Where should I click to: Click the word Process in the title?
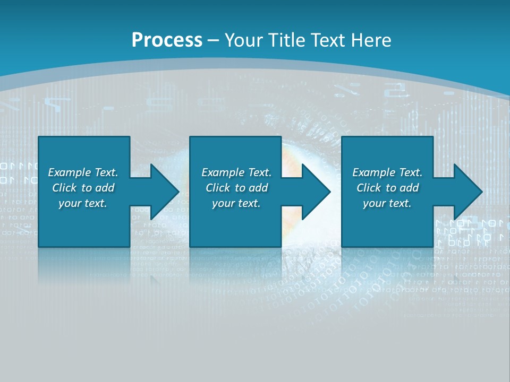click(x=167, y=40)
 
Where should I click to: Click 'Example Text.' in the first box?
click(x=83, y=172)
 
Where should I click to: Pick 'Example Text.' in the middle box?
click(x=236, y=172)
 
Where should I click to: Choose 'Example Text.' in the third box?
click(x=387, y=172)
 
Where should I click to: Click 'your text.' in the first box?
click(x=83, y=203)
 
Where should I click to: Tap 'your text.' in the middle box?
click(x=236, y=203)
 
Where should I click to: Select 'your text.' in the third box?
click(x=387, y=203)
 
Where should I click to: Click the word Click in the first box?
click(x=64, y=188)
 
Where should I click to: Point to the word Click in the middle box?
click(x=218, y=188)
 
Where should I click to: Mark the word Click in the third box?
click(x=369, y=188)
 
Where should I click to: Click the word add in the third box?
click(x=409, y=188)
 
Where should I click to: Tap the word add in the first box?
click(x=105, y=188)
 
